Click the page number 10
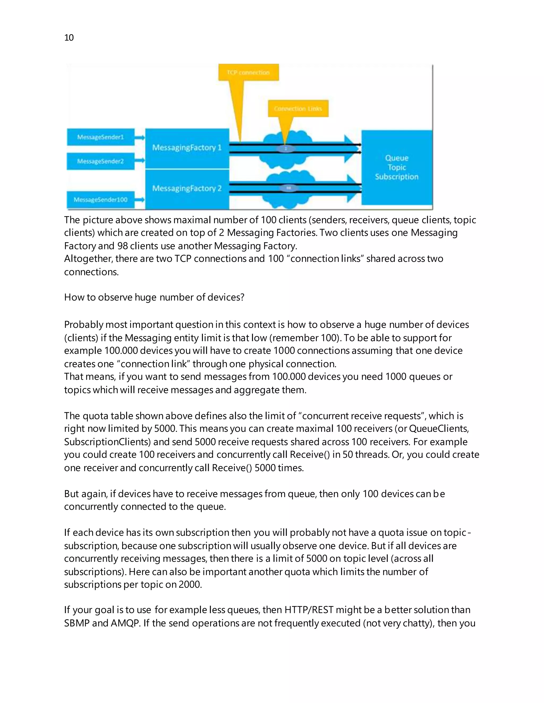click(x=69, y=38)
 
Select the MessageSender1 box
click(x=101, y=137)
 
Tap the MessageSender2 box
click(x=101, y=161)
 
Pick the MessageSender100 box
click(x=101, y=199)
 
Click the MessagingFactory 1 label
click(x=187, y=148)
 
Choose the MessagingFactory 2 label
click(x=187, y=188)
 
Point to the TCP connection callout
click(x=248, y=72)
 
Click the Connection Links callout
click(x=298, y=109)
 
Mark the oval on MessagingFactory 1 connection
click(x=286, y=148)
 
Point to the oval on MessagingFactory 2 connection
click(x=289, y=188)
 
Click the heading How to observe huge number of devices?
click(x=154, y=297)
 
